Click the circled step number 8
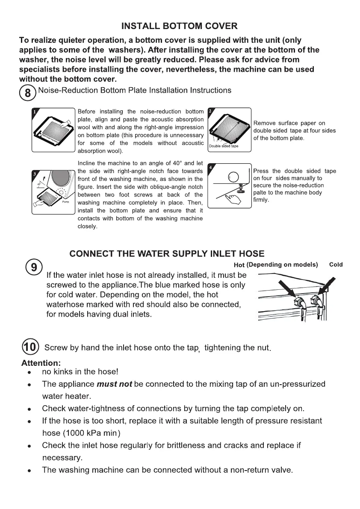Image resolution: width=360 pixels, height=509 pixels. pos(28,93)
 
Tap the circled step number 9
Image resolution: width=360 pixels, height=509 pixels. pos(34,267)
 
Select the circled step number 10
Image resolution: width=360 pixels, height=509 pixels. pos(30,347)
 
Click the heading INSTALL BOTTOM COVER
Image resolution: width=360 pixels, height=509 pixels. pos(179,26)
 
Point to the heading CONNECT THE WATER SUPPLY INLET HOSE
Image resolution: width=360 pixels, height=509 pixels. pos(167,253)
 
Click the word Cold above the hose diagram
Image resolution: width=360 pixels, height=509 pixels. pos(336,265)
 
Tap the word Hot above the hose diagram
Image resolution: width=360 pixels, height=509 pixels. pos(239,265)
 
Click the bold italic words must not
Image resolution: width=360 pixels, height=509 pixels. pos(114,384)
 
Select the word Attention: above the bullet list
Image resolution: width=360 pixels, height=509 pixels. pos(41,363)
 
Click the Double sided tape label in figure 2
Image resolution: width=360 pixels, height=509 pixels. pos(223,146)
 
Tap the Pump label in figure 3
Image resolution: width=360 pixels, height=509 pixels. pos(65,202)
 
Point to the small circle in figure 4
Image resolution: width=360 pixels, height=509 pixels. pos(233,177)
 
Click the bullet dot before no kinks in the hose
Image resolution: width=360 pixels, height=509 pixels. pos(30,372)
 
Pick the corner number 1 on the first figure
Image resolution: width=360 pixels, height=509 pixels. pos(34,112)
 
